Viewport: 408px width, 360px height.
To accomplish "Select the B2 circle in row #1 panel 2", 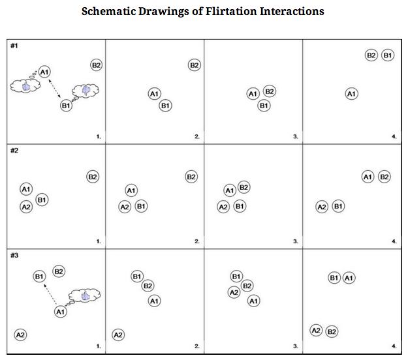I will [x=194, y=65].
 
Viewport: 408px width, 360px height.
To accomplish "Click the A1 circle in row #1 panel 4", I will [x=351, y=95].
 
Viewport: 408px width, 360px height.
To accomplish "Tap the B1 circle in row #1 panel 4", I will [x=388, y=55].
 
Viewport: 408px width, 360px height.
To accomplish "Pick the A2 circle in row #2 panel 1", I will [x=26, y=207].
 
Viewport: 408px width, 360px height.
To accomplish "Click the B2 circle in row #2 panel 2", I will [x=191, y=177].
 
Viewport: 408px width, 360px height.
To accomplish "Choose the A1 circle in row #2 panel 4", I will [x=367, y=177].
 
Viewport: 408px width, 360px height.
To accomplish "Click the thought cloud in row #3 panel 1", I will [x=81, y=297].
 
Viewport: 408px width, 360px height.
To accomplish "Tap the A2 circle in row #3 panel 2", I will [x=119, y=335].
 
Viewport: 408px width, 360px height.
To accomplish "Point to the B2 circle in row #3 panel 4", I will [x=332, y=331].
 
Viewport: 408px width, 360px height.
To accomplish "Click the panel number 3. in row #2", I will [x=295, y=241].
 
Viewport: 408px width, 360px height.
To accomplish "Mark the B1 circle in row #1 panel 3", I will [x=264, y=105].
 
